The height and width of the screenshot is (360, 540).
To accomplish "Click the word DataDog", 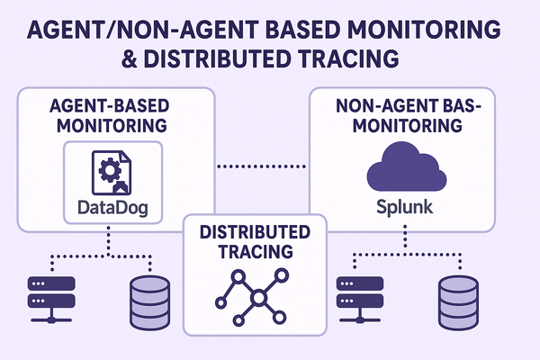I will (109, 211).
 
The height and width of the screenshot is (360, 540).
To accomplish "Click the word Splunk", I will (402, 206).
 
